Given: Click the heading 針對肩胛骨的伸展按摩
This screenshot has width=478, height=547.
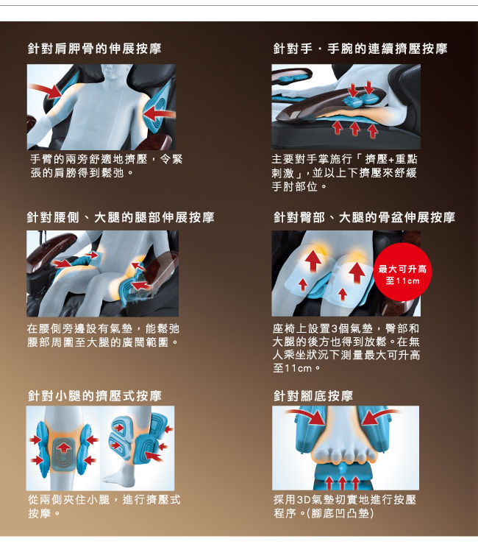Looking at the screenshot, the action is (x=94, y=49).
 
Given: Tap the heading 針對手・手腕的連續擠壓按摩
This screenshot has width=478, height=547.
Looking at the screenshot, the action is (x=360, y=49).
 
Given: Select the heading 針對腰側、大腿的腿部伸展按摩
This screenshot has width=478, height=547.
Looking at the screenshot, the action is (x=121, y=217).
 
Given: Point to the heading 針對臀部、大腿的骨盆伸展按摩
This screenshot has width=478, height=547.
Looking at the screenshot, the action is (x=364, y=217).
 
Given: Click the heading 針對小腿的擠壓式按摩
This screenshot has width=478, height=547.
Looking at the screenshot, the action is (x=95, y=395).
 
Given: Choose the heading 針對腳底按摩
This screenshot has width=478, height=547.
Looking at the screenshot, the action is (x=313, y=395).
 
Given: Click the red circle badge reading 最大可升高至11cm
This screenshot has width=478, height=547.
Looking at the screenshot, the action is (x=402, y=275).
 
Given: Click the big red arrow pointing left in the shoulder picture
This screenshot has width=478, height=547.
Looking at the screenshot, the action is (x=159, y=113).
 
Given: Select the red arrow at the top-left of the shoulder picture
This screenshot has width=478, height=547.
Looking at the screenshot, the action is (x=46, y=91).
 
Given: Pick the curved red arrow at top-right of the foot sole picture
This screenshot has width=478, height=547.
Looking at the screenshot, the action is (x=379, y=416).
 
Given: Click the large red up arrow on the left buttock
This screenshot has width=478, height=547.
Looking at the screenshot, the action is (x=313, y=261).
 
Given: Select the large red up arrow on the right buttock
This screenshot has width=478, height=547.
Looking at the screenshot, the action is (x=357, y=272).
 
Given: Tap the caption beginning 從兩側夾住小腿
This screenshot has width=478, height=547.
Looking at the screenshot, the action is (x=104, y=507).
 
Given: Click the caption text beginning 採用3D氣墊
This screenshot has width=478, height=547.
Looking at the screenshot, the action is (x=345, y=507).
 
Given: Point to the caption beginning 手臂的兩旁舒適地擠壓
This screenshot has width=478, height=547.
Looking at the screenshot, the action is (x=106, y=166).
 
